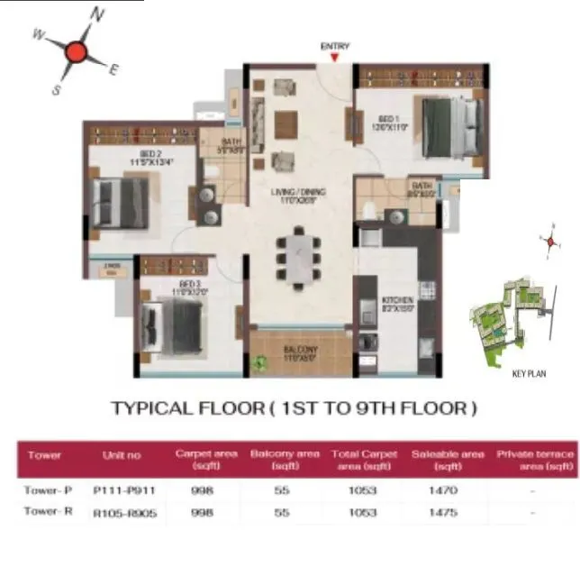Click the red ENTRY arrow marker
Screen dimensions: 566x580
click(x=334, y=58)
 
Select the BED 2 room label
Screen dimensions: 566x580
click(x=125, y=159)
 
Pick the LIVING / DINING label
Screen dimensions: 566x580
click(x=300, y=192)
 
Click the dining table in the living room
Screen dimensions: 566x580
click(x=296, y=255)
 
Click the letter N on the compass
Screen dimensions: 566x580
click(x=98, y=14)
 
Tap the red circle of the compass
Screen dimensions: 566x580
click(x=75, y=52)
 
